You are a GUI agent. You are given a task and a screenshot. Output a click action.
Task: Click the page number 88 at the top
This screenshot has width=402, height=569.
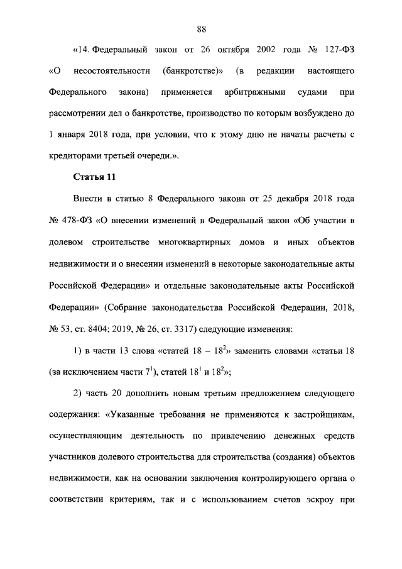[x=201, y=29]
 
